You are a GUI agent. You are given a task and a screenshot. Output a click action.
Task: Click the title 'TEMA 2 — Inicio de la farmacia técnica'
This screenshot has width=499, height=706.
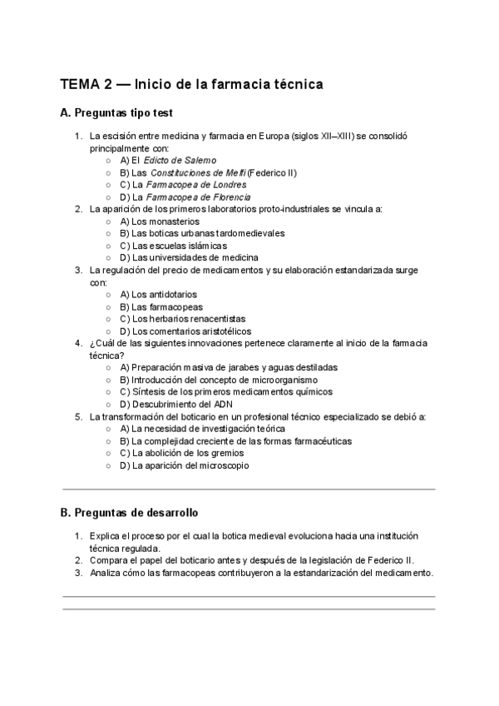tap(191, 84)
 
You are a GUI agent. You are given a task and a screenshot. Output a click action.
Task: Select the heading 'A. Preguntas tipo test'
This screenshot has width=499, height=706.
tap(116, 112)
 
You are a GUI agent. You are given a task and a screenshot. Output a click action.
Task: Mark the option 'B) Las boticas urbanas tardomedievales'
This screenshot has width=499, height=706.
tap(202, 234)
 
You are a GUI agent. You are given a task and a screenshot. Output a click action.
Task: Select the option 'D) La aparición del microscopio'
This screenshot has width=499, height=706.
tap(184, 465)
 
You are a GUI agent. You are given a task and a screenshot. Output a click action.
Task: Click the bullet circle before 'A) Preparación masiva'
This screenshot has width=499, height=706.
tap(111, 367)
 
